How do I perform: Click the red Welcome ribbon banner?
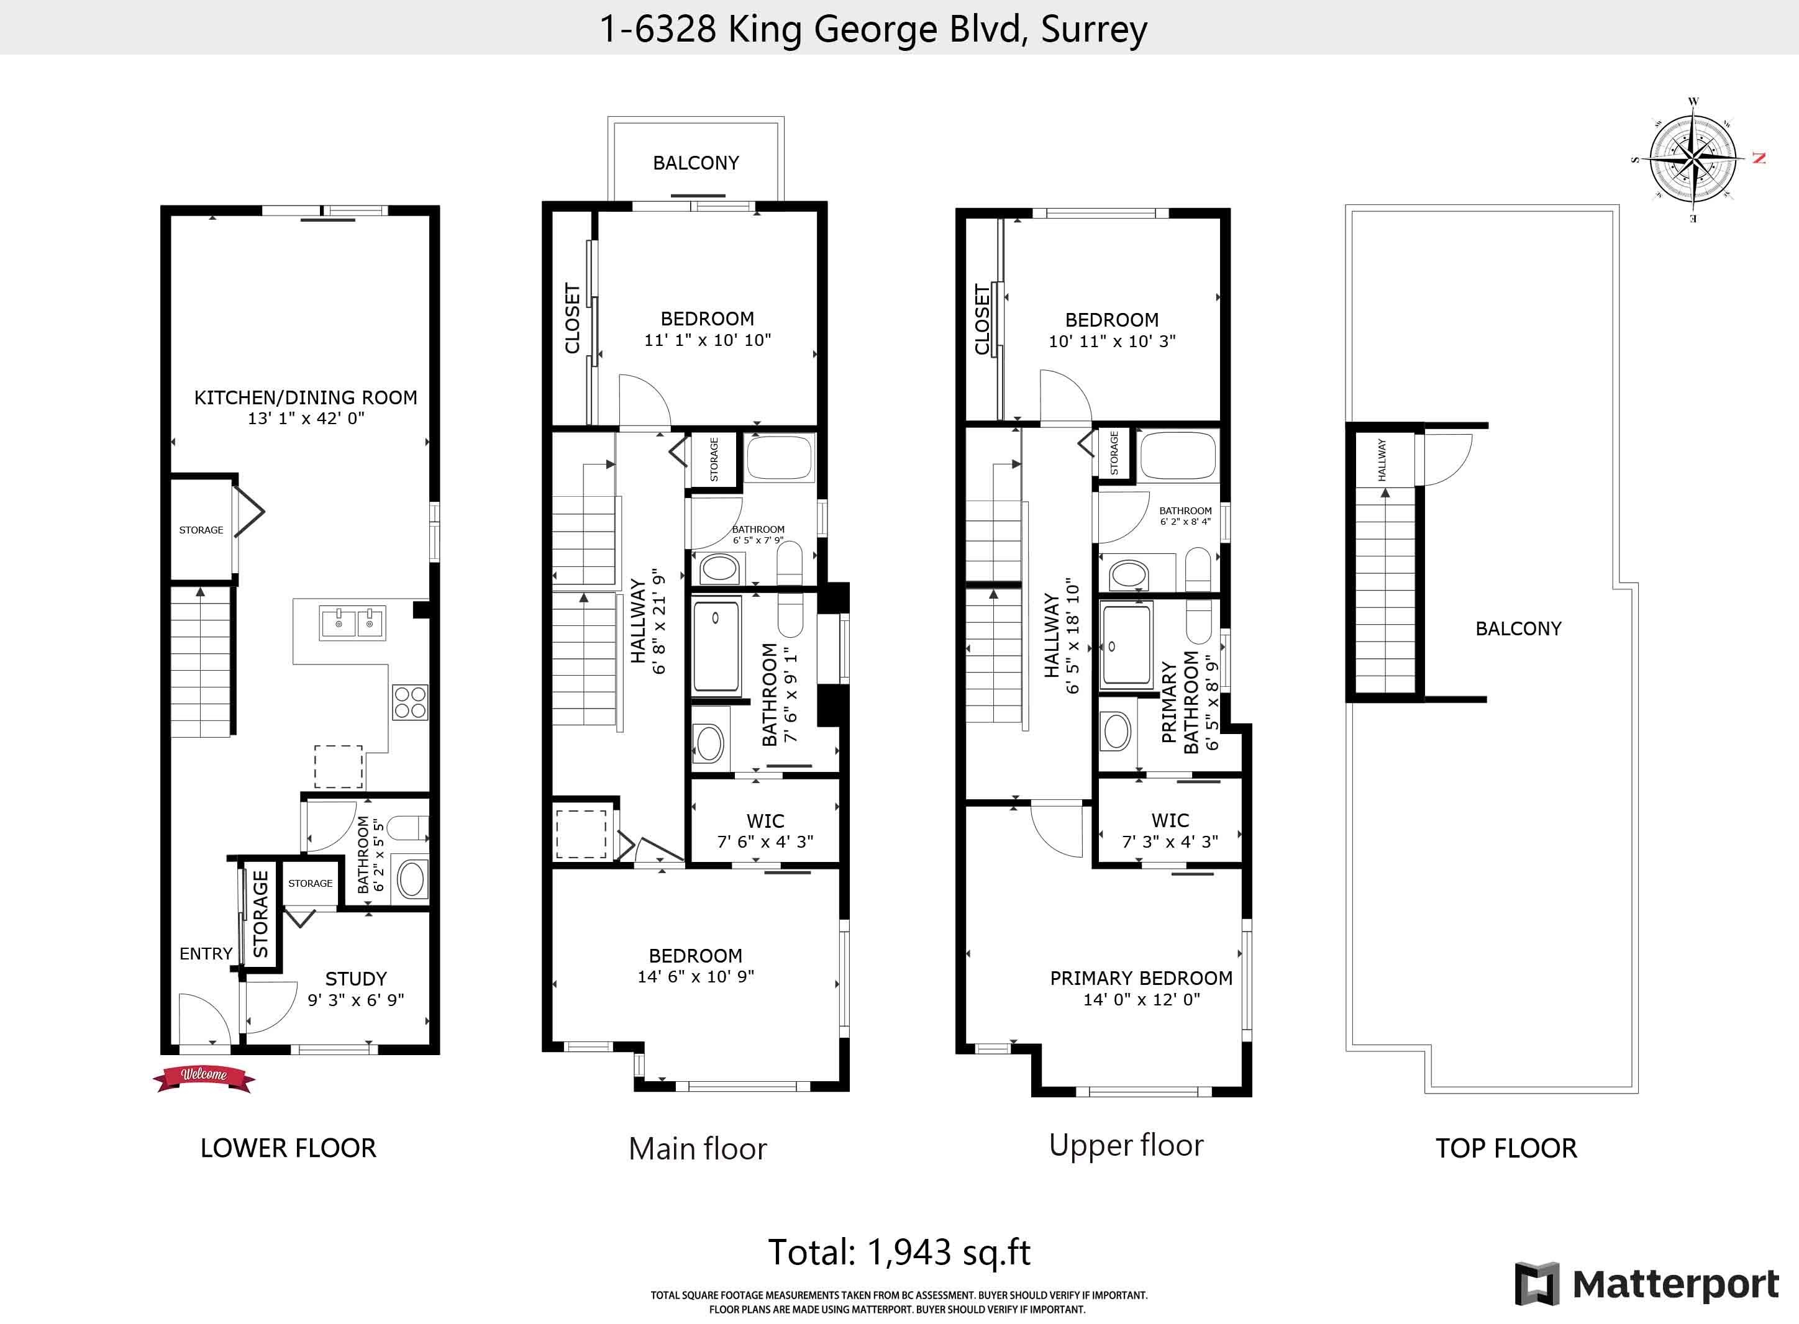click(x=204, y=1078)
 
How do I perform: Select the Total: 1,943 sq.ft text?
click(x=899, y=1252)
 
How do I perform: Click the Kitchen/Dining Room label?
click(x=306, y=397)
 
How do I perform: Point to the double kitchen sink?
click(x=353, y=623)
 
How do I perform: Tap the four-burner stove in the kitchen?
click(x=409, y=702)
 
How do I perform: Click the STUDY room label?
click(x=356, y=979)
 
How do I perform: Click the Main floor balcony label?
click(x=696, y=163)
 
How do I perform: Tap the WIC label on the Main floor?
click(x=765, y=821)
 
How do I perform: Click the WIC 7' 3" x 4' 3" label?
click(x=1170, y=831)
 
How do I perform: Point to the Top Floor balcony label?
click(x=1518, y=628)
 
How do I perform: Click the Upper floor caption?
click(x=1126, y=1145)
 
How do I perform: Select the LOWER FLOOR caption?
click(x=288, y=1148)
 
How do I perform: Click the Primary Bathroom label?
click(x=1180, y=702)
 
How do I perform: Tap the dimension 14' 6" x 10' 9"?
click(x=696, y=976)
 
